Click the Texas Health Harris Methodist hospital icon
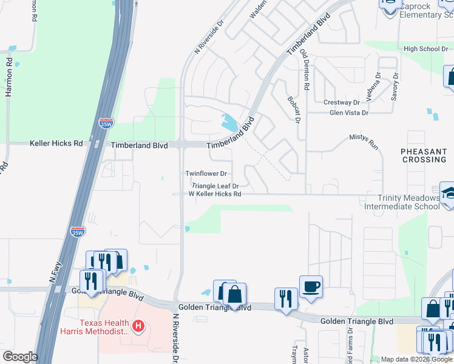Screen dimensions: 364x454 click(138, 327)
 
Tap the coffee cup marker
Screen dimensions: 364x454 click(311, 286)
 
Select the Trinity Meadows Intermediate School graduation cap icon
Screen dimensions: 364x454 click(449, 193)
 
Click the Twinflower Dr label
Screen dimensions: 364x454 click(206, 174)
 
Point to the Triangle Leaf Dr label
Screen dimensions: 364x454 click(215, 186)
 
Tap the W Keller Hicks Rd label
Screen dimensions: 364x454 click(215, 194)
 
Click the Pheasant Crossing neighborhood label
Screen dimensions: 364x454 click(424, 155)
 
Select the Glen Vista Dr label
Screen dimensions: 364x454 click(348, 113)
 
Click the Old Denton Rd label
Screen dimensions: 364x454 click(305, 70)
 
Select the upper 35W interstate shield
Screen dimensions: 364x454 click(106, 125)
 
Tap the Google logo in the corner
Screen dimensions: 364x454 click(20, 357)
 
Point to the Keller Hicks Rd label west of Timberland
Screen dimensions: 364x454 click(56, 144)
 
